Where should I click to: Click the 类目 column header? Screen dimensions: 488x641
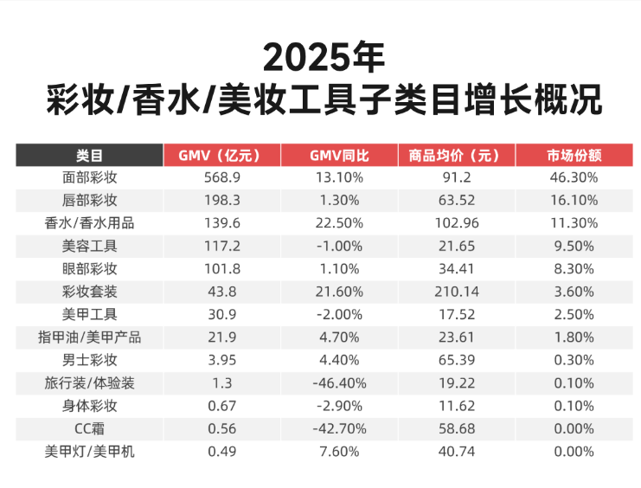(x=89, y=156)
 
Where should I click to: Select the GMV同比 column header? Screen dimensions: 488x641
(x=338, y=156)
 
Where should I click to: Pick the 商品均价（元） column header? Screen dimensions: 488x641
(x=455, y=156)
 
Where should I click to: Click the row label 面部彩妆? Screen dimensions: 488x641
(x=89, y=178)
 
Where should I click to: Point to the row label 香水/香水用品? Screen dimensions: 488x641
(x=89, y=223)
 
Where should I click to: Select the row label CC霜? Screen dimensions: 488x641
(x=89, y=428)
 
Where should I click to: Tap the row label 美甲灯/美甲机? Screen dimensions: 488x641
(x=89, y=451)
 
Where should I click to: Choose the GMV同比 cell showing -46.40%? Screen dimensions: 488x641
(x=338, y=382)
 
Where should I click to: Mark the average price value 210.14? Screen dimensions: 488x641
(x=455, y=292)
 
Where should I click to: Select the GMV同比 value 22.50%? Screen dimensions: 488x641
(x=338, y=223)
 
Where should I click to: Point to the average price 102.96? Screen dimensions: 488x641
(x=455, y=223)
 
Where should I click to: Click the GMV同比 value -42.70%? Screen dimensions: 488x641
(x=338, y=428)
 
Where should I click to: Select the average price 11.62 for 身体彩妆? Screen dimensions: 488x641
(x=455, y=406)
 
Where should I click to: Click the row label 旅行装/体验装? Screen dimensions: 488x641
(x=89, y=382)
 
